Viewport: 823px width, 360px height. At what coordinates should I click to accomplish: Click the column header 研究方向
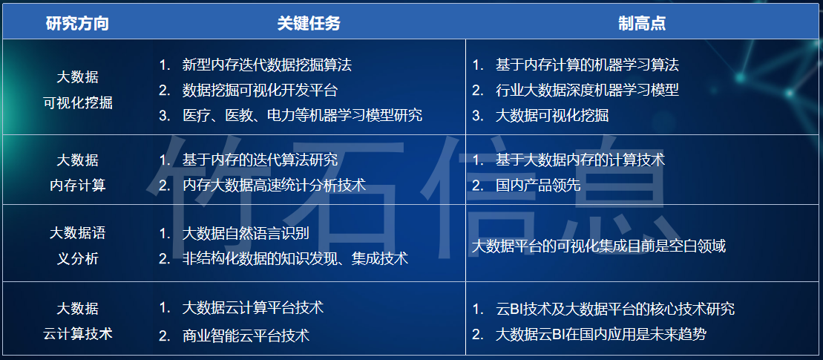pos(77,24)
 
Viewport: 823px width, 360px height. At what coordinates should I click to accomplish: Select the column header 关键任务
pos(309,24)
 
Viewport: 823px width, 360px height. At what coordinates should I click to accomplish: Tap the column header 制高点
pos(642,24)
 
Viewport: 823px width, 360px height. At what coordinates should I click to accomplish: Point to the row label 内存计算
pos(78,186)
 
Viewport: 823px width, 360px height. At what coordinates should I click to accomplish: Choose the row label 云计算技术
pos(78,334)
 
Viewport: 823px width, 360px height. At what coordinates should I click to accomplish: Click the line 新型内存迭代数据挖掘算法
pos(266,65)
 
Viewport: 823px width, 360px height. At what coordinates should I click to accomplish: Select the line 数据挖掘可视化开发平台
pos(260,91)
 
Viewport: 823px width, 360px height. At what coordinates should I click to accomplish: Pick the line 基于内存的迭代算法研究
pos(260,160)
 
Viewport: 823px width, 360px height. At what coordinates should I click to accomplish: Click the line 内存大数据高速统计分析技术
pos(274,186)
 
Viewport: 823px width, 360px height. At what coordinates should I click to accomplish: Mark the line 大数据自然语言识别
pos(246,234)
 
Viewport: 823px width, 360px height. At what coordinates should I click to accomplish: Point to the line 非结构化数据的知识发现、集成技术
pos(295,259)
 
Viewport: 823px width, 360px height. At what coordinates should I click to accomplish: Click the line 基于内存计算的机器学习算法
pos(587,65)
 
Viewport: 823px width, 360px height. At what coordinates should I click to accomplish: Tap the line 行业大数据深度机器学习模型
pos(587,91)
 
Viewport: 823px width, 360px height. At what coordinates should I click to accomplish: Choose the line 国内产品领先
pos(538,186)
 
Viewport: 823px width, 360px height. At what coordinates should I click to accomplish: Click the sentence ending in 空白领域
pos(599,246)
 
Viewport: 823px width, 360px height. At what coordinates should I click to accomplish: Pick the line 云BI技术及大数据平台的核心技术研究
pos(615,309)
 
